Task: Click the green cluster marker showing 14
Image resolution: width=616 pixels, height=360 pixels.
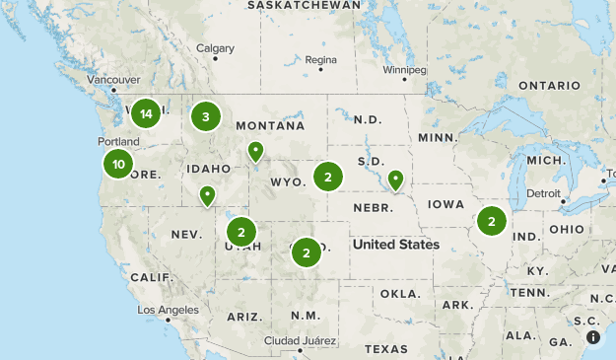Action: point(146,114)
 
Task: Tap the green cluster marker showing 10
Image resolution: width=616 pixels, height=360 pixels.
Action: point(118,164)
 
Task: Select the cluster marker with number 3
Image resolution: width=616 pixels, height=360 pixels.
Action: point(205,117)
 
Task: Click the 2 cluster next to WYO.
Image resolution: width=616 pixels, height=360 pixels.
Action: point(327,178)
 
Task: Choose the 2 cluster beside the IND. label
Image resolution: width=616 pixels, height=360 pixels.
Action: point(491,221)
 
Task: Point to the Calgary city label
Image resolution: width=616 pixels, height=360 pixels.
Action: point(215,48)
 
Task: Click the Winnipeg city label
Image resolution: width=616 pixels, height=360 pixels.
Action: point(404,71)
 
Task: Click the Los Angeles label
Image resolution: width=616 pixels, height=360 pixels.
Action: point(167,310)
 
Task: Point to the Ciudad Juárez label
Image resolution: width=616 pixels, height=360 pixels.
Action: point(297,340)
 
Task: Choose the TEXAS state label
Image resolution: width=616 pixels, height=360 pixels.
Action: point(385,349)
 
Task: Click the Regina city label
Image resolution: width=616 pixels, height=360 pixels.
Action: point(321,60)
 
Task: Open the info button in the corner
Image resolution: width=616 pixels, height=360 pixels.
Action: point(594,337)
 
